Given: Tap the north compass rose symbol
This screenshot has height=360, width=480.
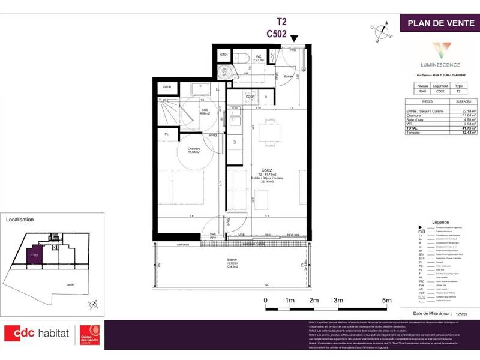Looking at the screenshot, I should click(x=380, y=31).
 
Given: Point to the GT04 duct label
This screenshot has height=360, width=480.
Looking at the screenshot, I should click(x=224, y=55).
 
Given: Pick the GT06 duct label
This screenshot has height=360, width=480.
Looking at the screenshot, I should click(x=167, y=87).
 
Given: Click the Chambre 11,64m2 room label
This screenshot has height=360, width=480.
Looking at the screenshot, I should click(x=176, y=151).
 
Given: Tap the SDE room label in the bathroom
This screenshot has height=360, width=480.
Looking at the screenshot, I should click(x=205, y=111).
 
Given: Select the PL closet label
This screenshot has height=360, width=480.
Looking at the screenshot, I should click(x=166, y=134).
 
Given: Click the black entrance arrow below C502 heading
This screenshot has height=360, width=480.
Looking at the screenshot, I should click(x=294, y=38).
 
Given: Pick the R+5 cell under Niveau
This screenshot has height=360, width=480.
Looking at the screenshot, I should click(x=422, y=92).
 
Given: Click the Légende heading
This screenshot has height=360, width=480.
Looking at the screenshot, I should click(x=440, y=221).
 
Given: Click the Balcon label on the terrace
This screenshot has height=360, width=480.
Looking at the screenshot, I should click(x=232, y=260).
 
